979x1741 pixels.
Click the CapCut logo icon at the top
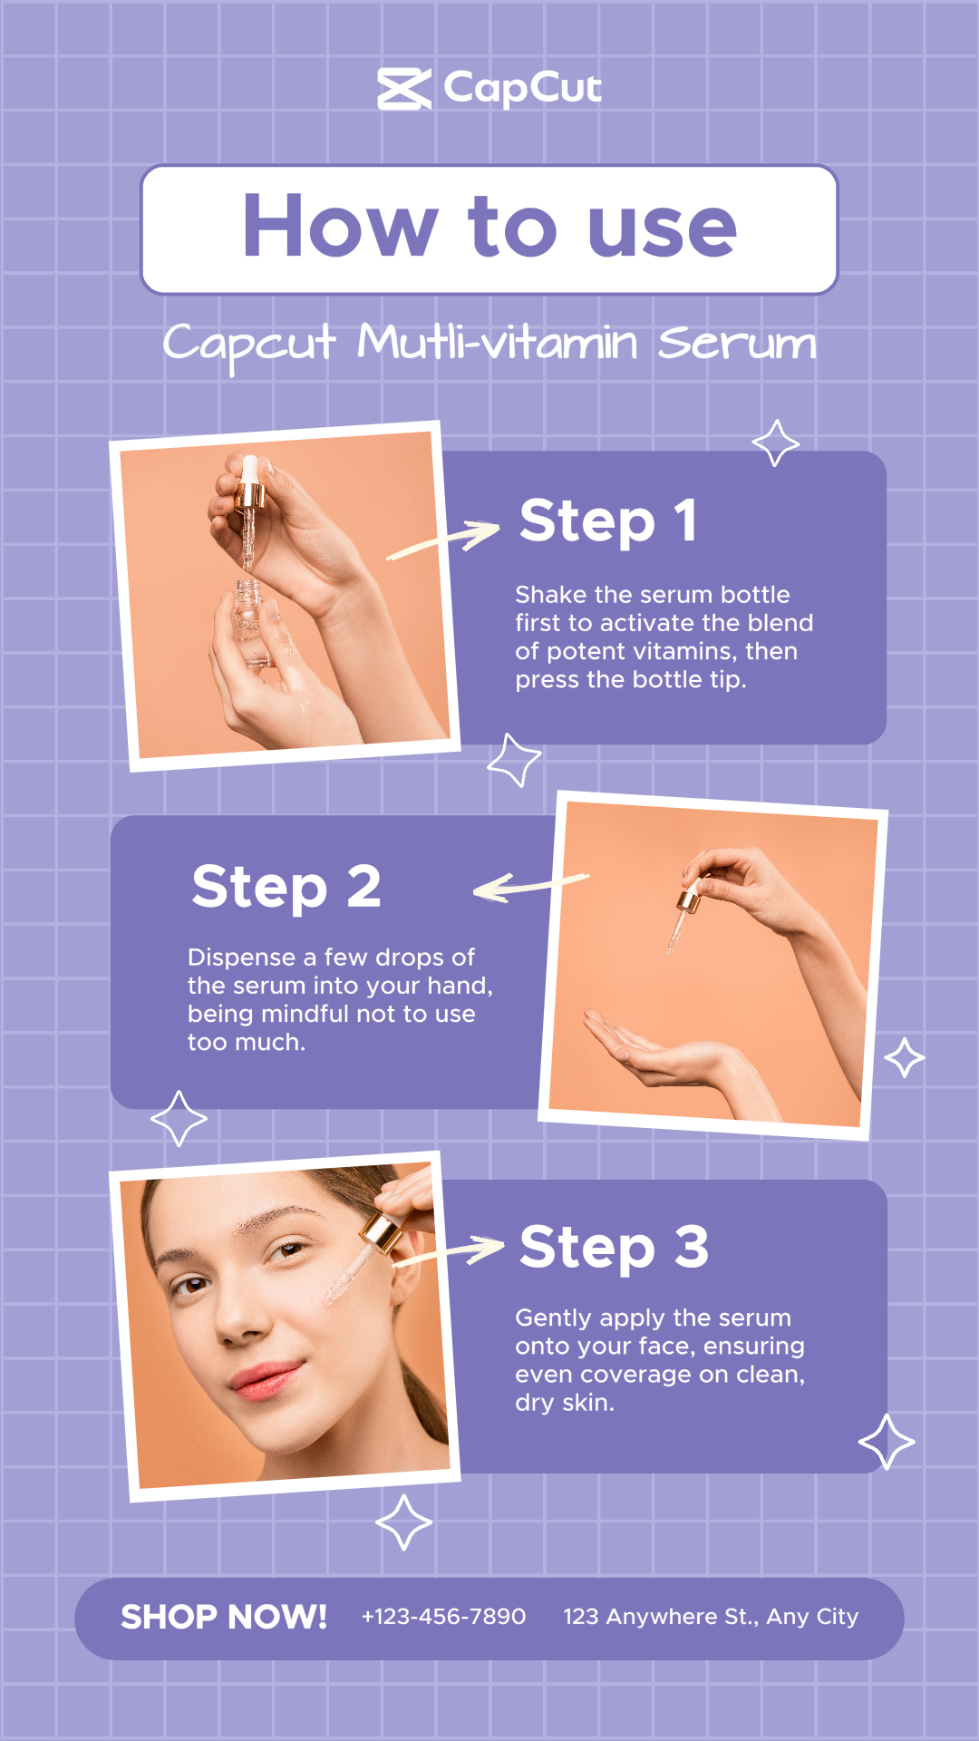[x=404, y=89]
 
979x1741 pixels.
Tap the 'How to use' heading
[x=489, y=227]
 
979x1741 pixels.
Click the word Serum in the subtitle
[x=737, y=343]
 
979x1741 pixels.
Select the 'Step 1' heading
[x=608, y=521]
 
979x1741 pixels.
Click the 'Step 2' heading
[x=286, y=886]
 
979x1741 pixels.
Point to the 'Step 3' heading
[x=614, y=1248]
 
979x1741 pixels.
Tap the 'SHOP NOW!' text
[x=224, y=1617]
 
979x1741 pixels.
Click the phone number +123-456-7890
[x=443, y=1617]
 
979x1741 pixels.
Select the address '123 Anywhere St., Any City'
[x=711, y=1617]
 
